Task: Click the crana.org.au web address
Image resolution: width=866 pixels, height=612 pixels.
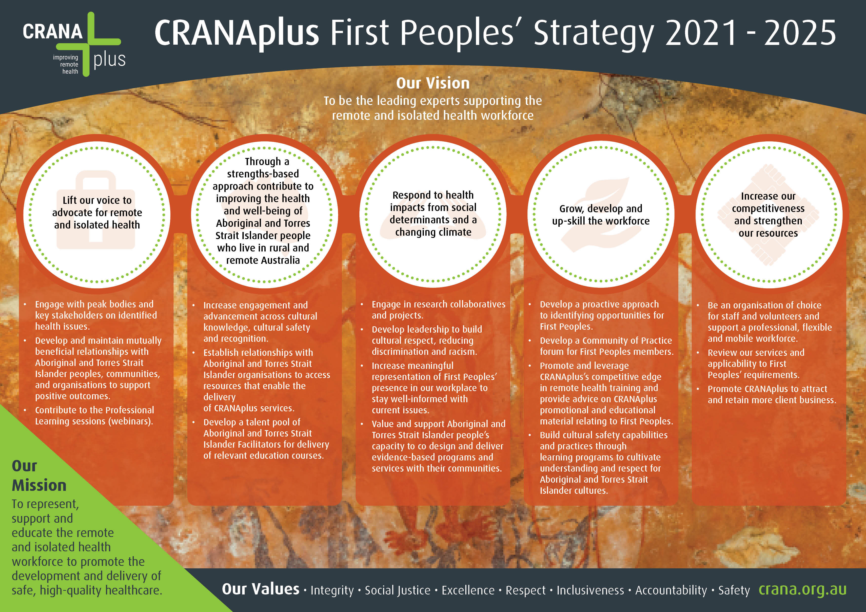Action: coord(803,589)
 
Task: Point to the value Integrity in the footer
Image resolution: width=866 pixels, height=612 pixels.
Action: coord(332,590)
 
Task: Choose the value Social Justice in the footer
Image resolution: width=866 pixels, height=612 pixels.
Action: coord(397,590)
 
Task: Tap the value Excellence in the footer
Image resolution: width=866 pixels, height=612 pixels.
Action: coord(468,590)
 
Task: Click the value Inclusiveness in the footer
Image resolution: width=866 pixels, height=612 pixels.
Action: coord(590,590)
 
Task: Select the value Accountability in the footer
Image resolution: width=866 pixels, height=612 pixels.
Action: coord(671,590)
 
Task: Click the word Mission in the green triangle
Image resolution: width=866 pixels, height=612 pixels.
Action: coord(39,485)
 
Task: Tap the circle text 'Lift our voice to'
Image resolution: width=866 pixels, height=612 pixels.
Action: coord(97,200)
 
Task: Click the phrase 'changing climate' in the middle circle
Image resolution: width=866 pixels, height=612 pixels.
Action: coord(433,232)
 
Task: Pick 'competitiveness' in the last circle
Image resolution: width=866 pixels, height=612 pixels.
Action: coord(768,209)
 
